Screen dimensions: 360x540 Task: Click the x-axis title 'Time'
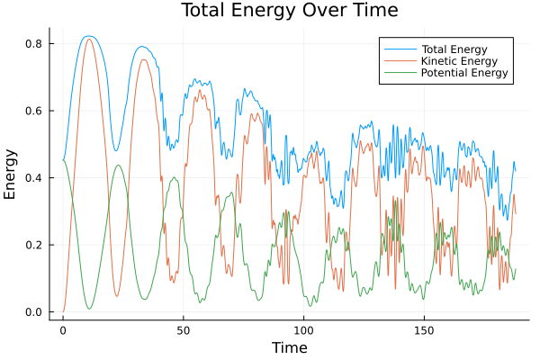(290, 347)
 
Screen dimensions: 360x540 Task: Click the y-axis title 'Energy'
(11, 174)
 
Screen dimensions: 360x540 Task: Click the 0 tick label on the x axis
(63, 329)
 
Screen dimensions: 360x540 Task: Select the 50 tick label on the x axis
(184, 329)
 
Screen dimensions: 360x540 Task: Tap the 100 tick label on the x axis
(304, 329)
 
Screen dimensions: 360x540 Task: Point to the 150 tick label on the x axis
(425, 329)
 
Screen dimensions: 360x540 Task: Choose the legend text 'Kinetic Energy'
(461, 59)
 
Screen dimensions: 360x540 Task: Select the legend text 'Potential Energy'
(466, 73)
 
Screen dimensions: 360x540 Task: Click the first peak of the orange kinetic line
(88, 39)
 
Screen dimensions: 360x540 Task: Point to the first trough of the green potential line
(90, 309)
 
